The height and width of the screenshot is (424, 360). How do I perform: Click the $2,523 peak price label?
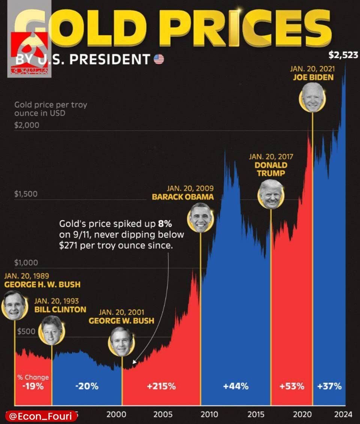click(343, 56)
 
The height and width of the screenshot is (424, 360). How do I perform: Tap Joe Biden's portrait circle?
click(312, 98)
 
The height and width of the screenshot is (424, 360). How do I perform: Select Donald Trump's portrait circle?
click(271, 194)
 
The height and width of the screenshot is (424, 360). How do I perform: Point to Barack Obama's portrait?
click(201, 217)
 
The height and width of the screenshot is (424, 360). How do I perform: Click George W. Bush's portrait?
click(121, 341)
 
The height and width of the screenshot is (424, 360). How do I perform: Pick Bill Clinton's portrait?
click(52, 330)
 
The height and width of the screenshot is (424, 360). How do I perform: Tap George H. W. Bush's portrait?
click(15, 305)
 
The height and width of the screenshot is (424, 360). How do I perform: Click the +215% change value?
click(161, 386)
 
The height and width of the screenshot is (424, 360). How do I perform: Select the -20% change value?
click(87, 386)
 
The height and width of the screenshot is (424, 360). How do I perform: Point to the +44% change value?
click(235, 386)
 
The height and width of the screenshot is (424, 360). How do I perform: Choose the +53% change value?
click(292, 386)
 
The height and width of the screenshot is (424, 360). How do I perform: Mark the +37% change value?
click(329, 386)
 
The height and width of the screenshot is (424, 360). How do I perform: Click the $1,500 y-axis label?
click(26, 194)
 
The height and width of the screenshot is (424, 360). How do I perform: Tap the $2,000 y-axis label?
click(27, 125)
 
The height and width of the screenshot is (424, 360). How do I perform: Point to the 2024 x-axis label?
click(343, 415)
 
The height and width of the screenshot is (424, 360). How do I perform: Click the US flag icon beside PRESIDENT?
click(159, 59)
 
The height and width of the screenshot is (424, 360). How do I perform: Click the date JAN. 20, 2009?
click(190, 188)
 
